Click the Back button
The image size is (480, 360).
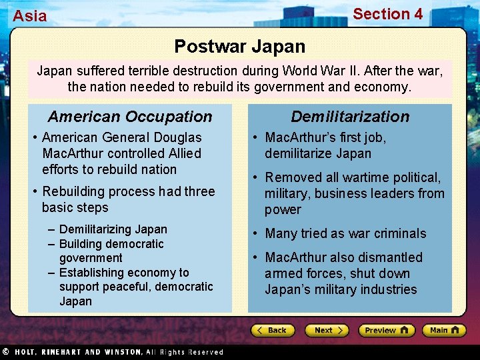(273, 331)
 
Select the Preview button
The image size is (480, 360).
(386, 331)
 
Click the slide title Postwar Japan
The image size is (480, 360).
(239, 47)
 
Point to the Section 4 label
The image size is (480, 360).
(387, 14)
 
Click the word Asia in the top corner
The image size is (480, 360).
(30, 16)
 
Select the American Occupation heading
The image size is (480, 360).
(130, 117)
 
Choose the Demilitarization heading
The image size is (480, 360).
(350, 117)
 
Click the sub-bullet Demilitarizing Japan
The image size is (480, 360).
(113, 229)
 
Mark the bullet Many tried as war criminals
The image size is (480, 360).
(345, 233)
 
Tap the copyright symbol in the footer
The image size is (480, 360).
(5, 352)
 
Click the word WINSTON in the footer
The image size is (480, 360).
(119, 352)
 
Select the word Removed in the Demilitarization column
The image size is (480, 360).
(291, 177)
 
